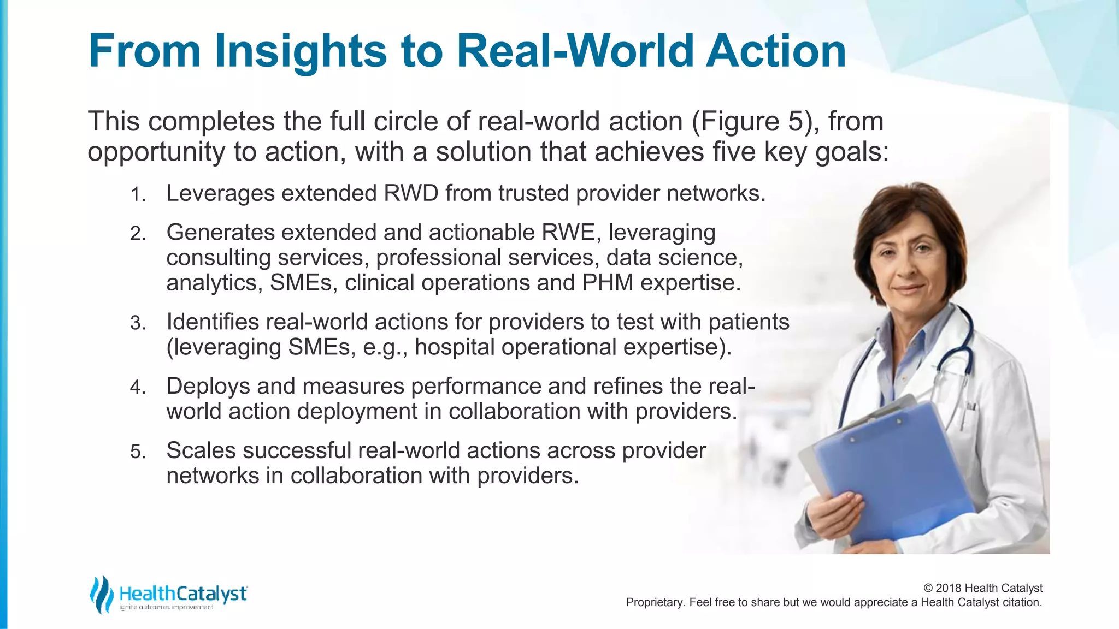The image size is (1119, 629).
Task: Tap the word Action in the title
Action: coord(776,52)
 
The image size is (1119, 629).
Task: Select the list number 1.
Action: coord(138,195)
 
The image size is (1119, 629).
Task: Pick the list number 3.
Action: coord(138,324)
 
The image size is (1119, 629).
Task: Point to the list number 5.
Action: coord(138,453)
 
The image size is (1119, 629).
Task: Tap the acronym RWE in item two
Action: coord(568,233)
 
